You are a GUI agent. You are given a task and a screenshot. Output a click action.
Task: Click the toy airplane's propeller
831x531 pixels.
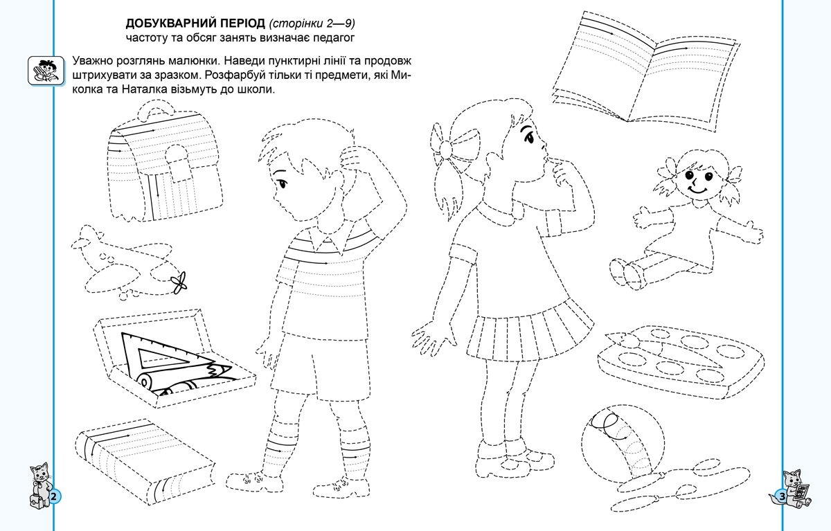point(179,283)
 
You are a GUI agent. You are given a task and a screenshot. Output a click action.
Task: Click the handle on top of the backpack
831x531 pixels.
point(156,108)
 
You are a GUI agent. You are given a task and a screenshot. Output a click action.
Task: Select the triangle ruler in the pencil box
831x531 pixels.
point(167,355)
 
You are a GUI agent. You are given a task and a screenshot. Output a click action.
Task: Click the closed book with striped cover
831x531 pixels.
point(145,462)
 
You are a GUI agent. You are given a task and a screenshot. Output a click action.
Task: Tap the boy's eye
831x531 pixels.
point(282,184)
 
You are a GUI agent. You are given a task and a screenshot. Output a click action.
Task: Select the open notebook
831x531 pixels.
point(645,71)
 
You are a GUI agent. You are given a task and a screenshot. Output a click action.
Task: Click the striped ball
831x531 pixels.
point(623,444)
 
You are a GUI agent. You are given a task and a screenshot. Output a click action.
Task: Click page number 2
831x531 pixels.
point(54,496)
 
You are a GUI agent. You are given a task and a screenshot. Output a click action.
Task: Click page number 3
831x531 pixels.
point(782,496)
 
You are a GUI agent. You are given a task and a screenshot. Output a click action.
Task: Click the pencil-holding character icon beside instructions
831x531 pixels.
point(46,71)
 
